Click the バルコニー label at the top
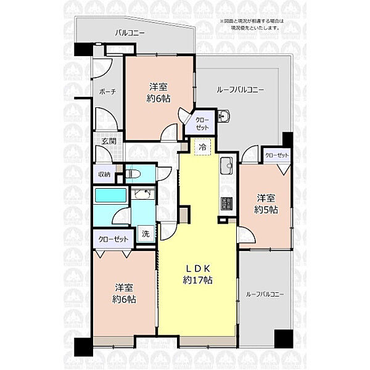(x=129, y=33)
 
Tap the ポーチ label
(x=107, y=92)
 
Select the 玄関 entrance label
(x=109, y=141)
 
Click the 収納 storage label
(x=104, y=175)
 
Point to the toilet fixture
(x=133, y=174)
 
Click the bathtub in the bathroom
(x=110, y=195)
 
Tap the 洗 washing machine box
(x=146, y=234)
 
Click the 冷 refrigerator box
(x=202, y=147)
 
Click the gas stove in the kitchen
(x=226, y=203)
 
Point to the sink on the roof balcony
(x=223, y=116)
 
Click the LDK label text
(x=198, y=268)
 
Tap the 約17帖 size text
(x=198, y=280)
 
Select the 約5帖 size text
(x=266, y=210)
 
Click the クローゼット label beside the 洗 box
(x=113, y=239)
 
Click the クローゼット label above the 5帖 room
(x=277, y=155)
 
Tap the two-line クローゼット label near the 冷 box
(x=202, y=124)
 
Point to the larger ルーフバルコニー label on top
(x=240, y=90)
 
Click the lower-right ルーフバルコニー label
(x=265, y=294)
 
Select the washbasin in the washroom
(x=142, y=194)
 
